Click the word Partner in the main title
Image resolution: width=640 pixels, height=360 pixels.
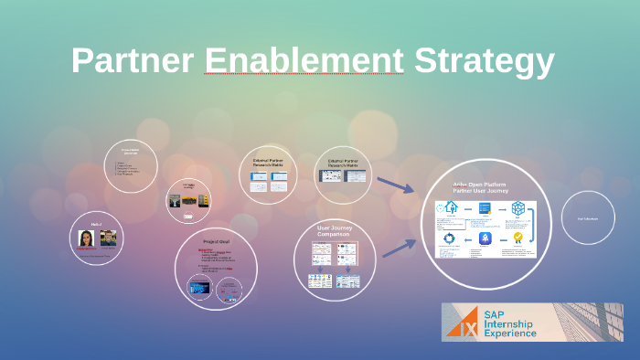click(x=133, y=61)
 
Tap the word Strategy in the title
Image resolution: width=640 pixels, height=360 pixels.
click(x=484, y=61)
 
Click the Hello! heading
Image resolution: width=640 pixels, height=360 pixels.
click(x=97, y=221)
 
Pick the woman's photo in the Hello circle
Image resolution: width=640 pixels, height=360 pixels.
click(x=87, y=238)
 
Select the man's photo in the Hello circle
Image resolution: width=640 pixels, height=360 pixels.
click(x=108, y=238)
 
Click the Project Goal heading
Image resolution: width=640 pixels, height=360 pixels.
click(x=215, y=241)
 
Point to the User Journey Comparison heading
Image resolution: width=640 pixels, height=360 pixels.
click(x=334, y=230)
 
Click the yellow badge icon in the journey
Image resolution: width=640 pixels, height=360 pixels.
click(x=517, y=238)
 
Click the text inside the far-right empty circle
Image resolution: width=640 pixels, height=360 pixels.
click(x=587, y=218)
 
